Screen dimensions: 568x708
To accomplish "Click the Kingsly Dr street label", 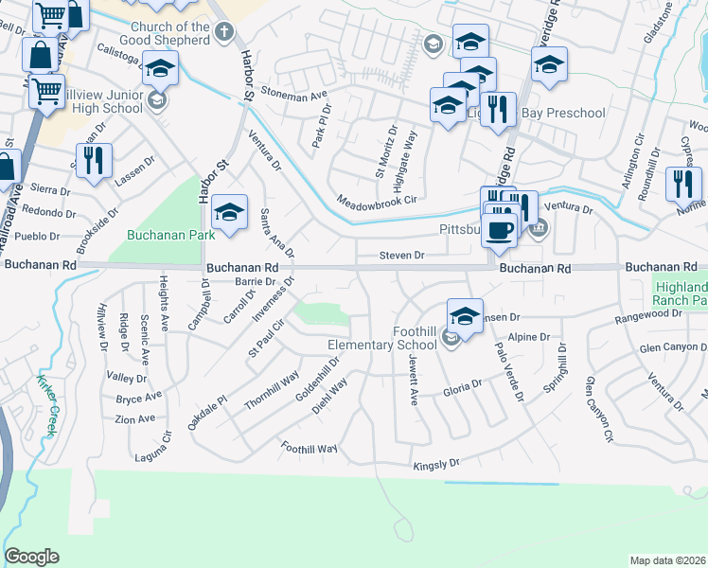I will (x=436, y=464).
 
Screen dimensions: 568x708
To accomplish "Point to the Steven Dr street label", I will (x=401, y=255).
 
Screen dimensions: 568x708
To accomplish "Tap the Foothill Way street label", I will (x=309, y=447).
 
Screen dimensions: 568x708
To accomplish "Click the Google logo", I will (x=31, y=557).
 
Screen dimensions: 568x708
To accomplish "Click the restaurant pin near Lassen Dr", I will (x=94, y=161).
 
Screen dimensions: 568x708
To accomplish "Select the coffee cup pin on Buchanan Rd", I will (x=500, y=231).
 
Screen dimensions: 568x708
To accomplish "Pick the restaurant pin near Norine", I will (x=683, y=185).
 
